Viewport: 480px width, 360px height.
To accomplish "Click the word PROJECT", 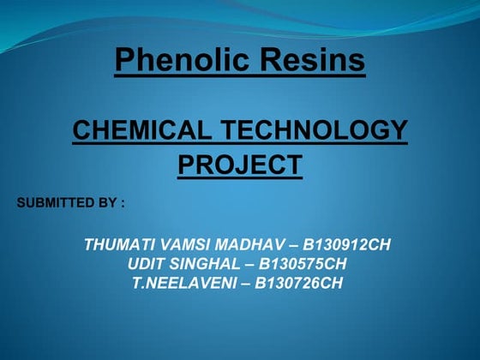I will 240,164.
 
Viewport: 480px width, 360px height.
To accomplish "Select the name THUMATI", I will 119,245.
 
